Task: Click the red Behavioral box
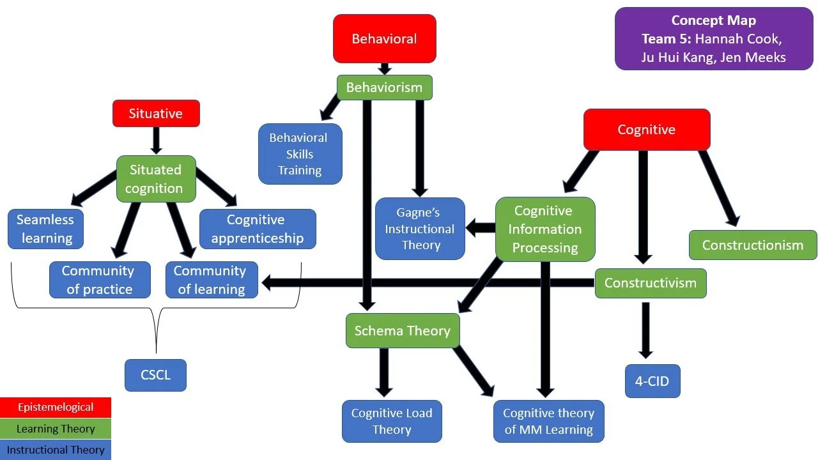[x=385, y=39]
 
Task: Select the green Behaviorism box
[x=385, y=88]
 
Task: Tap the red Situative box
[x=156, y=114]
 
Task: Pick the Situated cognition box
[x=156, y=179]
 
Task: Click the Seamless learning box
[x=45, y=229]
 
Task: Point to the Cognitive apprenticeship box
[x=258, y=229]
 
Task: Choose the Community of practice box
[x=100, y=280]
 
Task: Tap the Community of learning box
[x=212, y=280]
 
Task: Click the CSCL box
[x=155, y=375]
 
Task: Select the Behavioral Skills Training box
[x=300, y=154]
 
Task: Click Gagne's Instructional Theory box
[x=420, y=229]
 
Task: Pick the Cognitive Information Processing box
[x=545, y=229]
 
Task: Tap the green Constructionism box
[x=753, y=245]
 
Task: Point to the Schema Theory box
[x=403, y=330]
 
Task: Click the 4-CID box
[x=652, y=381]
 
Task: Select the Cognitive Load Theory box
[x=392, y=421]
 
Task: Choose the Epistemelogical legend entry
[x=56, y=408]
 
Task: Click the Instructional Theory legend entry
[x=56, y=450]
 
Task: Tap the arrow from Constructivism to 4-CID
[x=645, y=330]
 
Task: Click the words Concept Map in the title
[x=714, y=20]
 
